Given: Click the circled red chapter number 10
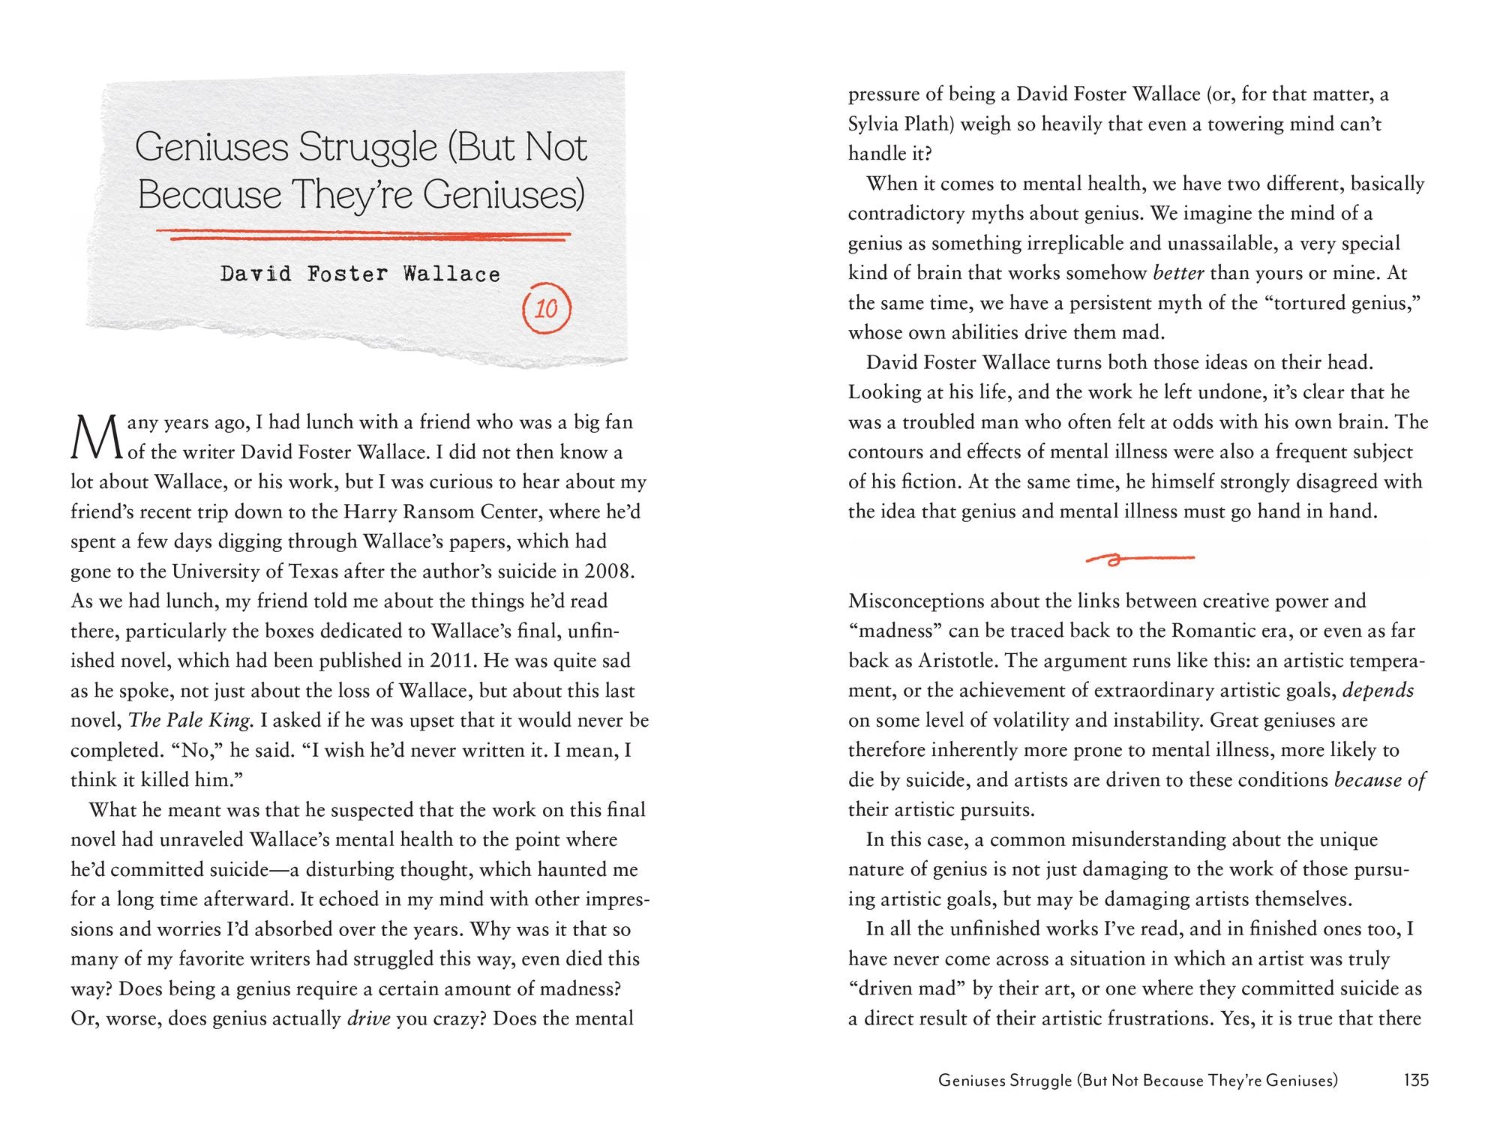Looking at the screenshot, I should (546, 308).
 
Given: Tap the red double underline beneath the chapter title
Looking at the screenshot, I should (370, 236).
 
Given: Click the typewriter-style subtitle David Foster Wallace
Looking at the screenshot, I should (360, 274).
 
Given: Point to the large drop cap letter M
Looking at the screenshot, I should (95, 438).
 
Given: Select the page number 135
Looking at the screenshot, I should (1416, 1080).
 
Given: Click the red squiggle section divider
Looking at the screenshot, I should (1140, 558).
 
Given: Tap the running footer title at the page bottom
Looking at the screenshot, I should (1138, 1081).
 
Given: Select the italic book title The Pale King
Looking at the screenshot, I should (189, 721).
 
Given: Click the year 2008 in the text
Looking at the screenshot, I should (609, 571).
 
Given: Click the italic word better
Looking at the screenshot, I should (1178, 273).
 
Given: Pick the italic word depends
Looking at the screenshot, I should (1378, 691).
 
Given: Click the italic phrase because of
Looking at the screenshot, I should (1379, 780).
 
